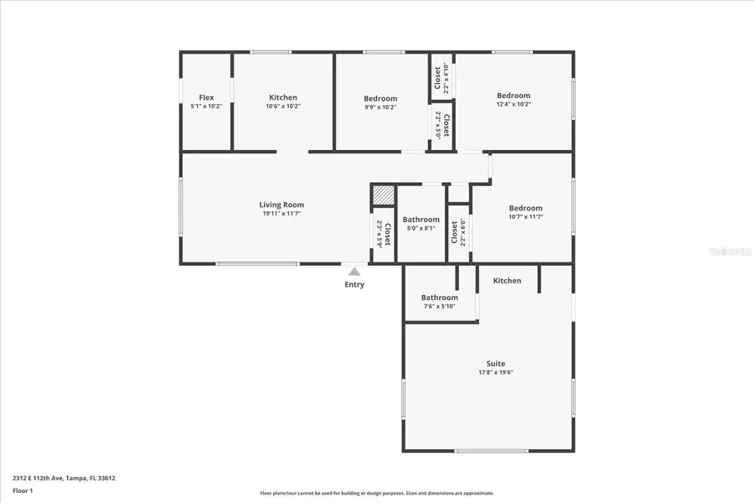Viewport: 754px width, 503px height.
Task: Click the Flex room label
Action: [206, 97]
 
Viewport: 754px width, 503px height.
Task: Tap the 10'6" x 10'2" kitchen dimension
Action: [283, 106]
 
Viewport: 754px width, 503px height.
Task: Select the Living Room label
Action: [281, 205]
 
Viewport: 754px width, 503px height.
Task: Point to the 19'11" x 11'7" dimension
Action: [281, 214]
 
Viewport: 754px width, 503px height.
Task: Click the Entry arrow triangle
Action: [354, 271]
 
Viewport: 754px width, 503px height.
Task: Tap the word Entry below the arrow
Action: [354, 284]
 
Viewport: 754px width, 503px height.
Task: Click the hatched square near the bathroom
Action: [383, 194]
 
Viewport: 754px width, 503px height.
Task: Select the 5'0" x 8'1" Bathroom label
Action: [421, 220]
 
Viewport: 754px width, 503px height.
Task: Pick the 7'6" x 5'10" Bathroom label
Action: [439, 298]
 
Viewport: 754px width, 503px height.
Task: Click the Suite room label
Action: [496, 363]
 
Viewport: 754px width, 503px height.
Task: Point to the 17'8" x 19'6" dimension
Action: [496, 372]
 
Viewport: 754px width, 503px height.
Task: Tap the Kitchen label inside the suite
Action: [507, 281]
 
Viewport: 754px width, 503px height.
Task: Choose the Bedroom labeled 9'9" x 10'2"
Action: [380, 98]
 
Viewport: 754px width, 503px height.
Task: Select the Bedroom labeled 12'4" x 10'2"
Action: [514, 96]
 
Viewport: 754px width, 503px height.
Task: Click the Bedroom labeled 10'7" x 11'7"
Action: [526, 208]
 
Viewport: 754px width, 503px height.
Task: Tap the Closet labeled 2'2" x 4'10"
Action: [438, 78]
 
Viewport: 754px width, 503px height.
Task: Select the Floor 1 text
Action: [23, 490]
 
